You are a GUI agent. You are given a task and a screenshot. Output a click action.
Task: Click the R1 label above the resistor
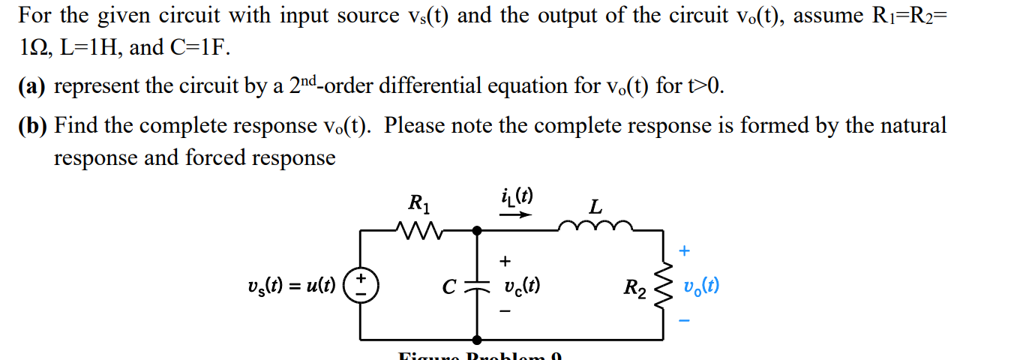[418, 202]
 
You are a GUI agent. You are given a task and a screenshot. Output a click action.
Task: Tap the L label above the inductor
[595, 205]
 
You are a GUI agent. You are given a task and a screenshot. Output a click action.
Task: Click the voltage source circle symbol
[361, 286]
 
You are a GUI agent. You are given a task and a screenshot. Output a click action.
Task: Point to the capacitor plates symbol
[476, 286]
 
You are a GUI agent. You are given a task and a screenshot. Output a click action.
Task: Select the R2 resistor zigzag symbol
[663, 286]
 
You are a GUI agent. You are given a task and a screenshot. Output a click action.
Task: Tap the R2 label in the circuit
[634, 286]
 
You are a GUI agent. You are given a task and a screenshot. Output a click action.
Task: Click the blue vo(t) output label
[701, 286]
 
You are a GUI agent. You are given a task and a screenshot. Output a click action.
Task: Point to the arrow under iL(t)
[516, 214]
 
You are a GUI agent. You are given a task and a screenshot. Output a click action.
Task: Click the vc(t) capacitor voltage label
[523, 286]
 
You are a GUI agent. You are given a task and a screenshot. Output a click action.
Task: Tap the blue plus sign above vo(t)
[683, 250]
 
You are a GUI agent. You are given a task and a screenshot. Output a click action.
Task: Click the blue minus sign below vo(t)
[683, 322]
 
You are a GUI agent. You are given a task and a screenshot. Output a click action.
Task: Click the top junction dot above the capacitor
[476, 229]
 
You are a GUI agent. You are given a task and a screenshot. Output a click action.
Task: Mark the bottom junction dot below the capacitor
[476, 340]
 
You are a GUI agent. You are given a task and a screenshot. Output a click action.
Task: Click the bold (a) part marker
[32, 86]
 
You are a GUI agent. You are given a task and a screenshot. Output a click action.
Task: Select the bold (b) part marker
[33, 125]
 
